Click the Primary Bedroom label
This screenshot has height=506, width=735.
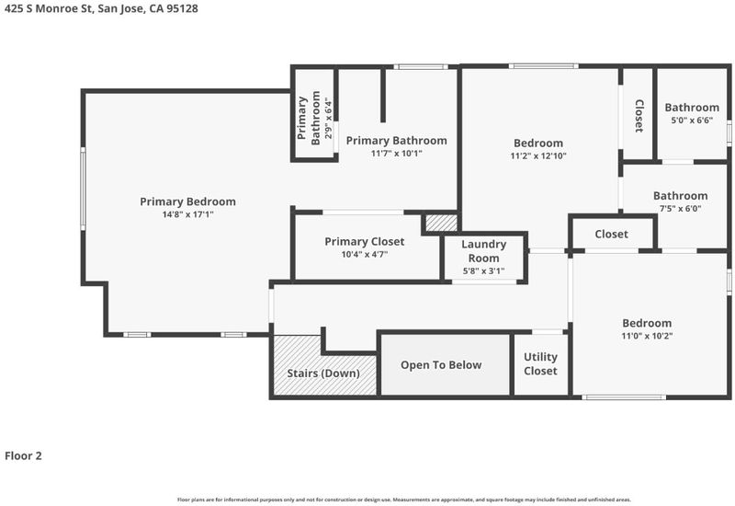[187, 201]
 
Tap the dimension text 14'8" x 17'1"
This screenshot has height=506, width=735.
[187, 214]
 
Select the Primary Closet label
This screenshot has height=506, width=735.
[364, 242]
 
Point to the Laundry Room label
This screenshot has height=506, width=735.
[484, 251]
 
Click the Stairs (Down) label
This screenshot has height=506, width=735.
[323, 374]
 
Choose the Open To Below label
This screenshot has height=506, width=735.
[441, 365]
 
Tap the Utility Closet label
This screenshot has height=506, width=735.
[540, 363]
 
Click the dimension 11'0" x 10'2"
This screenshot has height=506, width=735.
[647, 336]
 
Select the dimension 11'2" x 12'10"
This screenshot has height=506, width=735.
[538, 155]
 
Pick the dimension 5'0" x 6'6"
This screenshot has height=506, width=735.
[692, 121]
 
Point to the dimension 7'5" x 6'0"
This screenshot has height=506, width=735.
[680, 209]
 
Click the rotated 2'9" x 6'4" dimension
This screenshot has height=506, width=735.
[328, 118]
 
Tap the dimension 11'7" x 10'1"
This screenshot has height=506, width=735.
[397, 153]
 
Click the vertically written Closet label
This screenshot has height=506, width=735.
[639, 116]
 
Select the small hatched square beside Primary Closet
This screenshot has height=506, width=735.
[441, 223]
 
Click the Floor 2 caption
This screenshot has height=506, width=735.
[24, 455]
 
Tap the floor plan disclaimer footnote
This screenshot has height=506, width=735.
[404, 500]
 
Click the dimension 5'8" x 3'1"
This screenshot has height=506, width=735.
[484, 270]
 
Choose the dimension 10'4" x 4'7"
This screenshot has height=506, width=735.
[364, 255]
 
